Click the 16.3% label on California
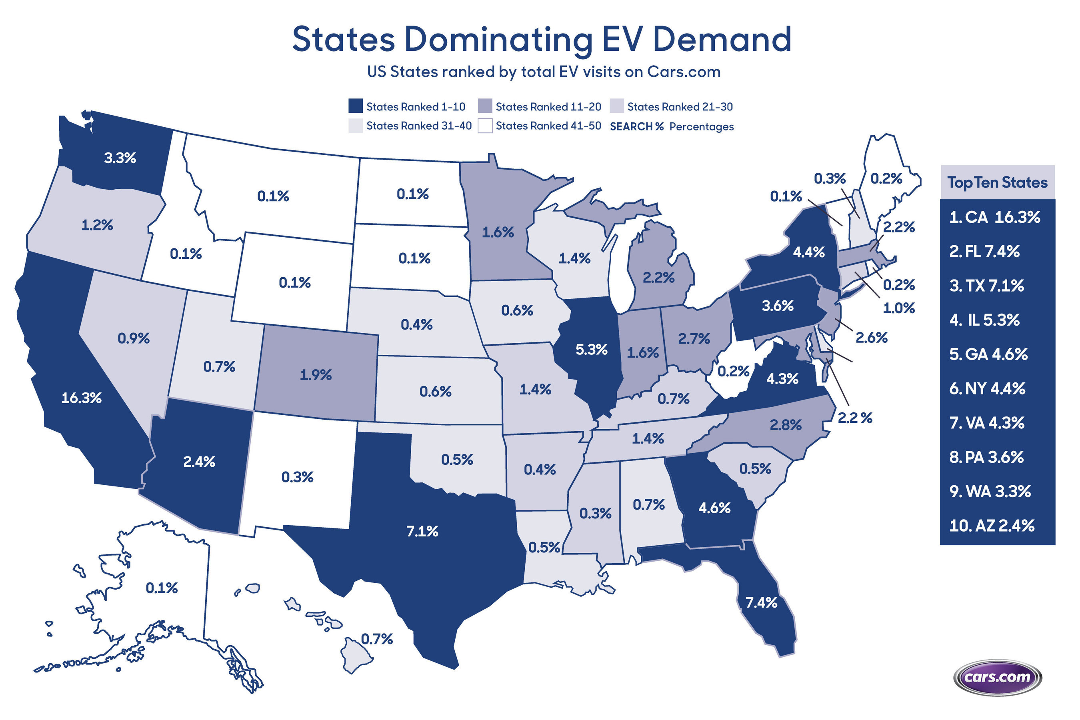[81, 398]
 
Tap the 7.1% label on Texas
[422, 531]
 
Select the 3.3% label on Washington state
[120, 158]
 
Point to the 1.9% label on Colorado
[316, 375]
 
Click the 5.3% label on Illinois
[592, 350]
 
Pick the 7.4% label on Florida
[761, 602]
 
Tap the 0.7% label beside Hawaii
[376, 639]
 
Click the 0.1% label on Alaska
[162, 588]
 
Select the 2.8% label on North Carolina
[786, 425]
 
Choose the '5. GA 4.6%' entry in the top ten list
[988, 354]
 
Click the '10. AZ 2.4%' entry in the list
[991, 525]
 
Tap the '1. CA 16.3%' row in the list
[994, 217]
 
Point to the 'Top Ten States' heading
[997, 182]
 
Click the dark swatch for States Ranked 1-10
[356, 106]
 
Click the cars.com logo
[997, 677]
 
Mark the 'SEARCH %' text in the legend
[636, 126]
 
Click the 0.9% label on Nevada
[134, 338]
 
